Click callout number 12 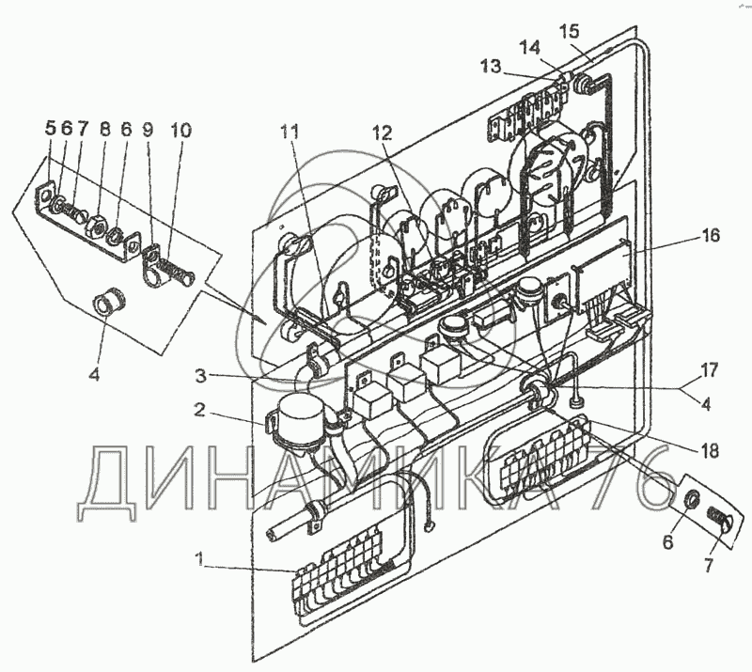tap(381, 133)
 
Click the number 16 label tap(710, 236)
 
